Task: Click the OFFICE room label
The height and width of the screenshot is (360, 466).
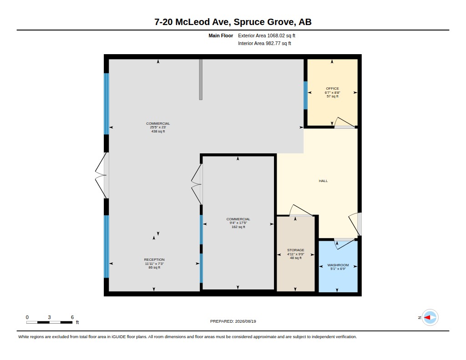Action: [332, 89]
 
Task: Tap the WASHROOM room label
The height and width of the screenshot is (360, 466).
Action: [338, 265]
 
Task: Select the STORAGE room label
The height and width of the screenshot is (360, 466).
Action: [296, 250]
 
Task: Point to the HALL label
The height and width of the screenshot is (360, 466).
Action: [324, 181]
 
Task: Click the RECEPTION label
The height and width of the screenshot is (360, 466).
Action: [154, 260]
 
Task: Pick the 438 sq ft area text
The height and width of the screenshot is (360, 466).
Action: [158, 132]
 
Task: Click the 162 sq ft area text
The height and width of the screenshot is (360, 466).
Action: [238, 227]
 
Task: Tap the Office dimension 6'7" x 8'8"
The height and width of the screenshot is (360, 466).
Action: [332, 92]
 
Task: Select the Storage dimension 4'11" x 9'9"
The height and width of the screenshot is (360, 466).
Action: [296, 254]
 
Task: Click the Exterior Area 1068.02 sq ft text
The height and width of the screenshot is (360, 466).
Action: [267, 35]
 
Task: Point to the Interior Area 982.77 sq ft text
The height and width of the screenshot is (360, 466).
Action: [264, 43]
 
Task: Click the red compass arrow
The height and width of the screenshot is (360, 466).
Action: [427, 318]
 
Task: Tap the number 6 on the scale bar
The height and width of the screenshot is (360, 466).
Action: [72, 317]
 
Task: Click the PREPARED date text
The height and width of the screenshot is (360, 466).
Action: [233, 321]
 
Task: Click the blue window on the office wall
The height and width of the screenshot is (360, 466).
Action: [305, 95]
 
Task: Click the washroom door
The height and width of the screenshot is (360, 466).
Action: [345, 243]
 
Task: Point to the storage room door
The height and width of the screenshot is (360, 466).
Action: [301, 210]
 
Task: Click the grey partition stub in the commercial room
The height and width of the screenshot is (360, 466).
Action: [201, 79]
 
